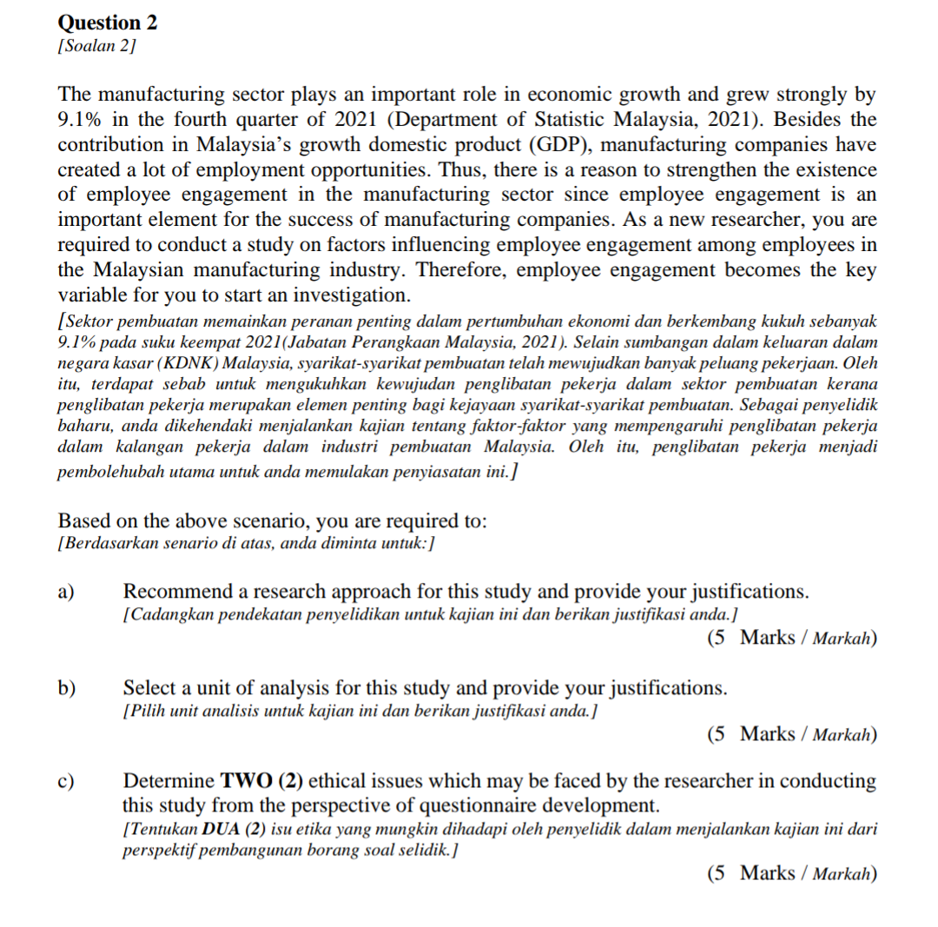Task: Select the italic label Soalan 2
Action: (x=96, y=44)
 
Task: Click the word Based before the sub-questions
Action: (x=83, y=521)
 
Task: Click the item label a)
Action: (x=66, y=593)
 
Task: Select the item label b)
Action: (x=67, y=689)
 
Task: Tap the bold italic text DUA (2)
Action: (x=218, y=829)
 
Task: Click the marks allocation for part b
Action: (x=791, y=735)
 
